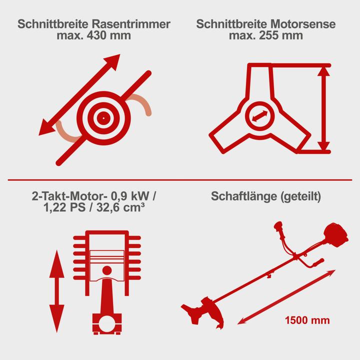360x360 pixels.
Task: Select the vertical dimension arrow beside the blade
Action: point(324,108)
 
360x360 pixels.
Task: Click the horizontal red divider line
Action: point(180,178)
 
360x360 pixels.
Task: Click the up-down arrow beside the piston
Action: point(56,289)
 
